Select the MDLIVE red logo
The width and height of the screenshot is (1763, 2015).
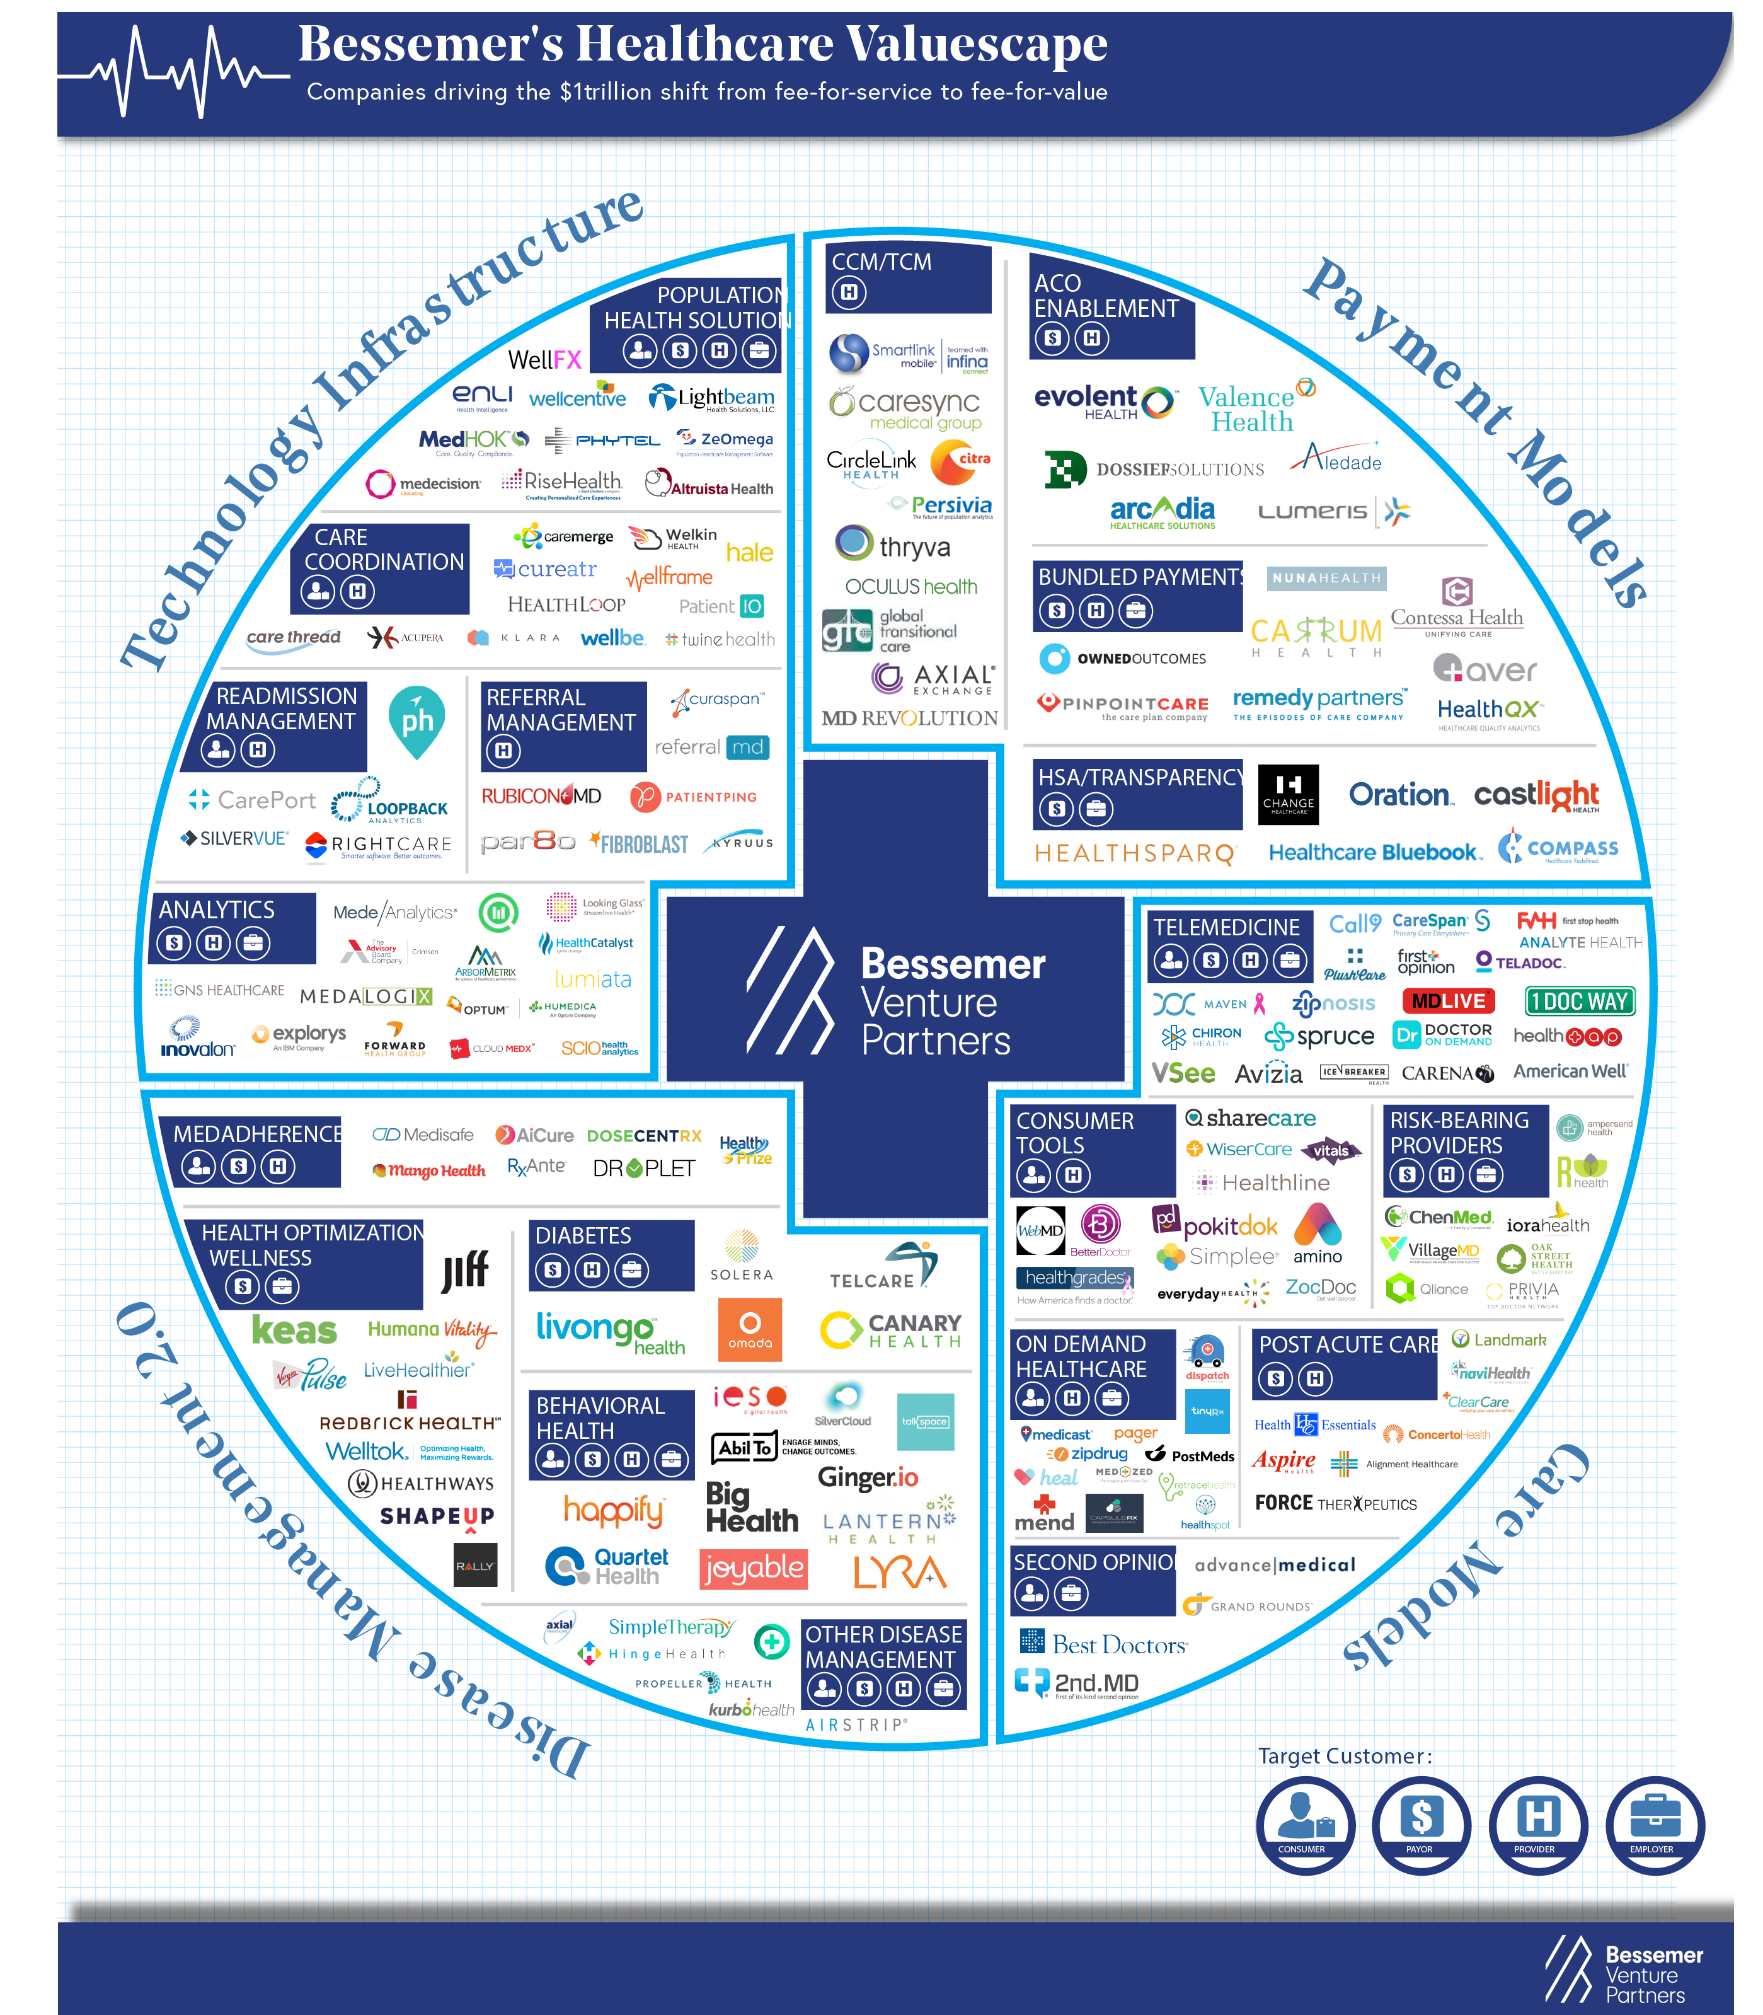click(x=1448, y=1002)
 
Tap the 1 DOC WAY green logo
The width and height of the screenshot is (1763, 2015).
click(x=1579, y=1002)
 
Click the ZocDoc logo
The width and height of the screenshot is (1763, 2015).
click(x=1320, y=1287)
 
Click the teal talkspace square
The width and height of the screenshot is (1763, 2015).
click(x=925, y=1422)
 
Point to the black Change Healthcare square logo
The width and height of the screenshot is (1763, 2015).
click(x=1288, y=794)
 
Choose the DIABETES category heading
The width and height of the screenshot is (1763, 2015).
click(x=583, y=1236)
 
